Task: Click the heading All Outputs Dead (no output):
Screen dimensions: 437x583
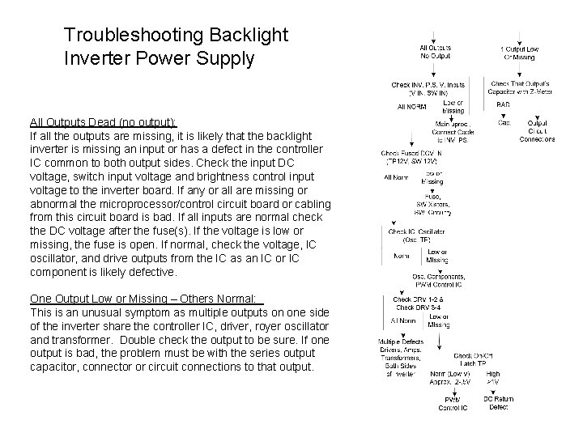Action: (x=103, y=122)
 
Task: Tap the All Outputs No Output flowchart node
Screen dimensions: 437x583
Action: (x=436, y=53)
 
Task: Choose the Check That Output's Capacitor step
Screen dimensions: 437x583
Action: (x=521, y=89)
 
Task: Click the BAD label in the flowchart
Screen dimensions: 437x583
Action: (x=503, y=105)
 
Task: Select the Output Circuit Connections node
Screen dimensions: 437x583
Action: (x=537, y=130)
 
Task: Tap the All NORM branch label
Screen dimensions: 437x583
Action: (x=412, y=106)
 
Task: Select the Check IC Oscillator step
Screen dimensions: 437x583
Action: (x=412, y=235)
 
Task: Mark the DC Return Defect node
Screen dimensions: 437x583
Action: (x=497, y=403)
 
